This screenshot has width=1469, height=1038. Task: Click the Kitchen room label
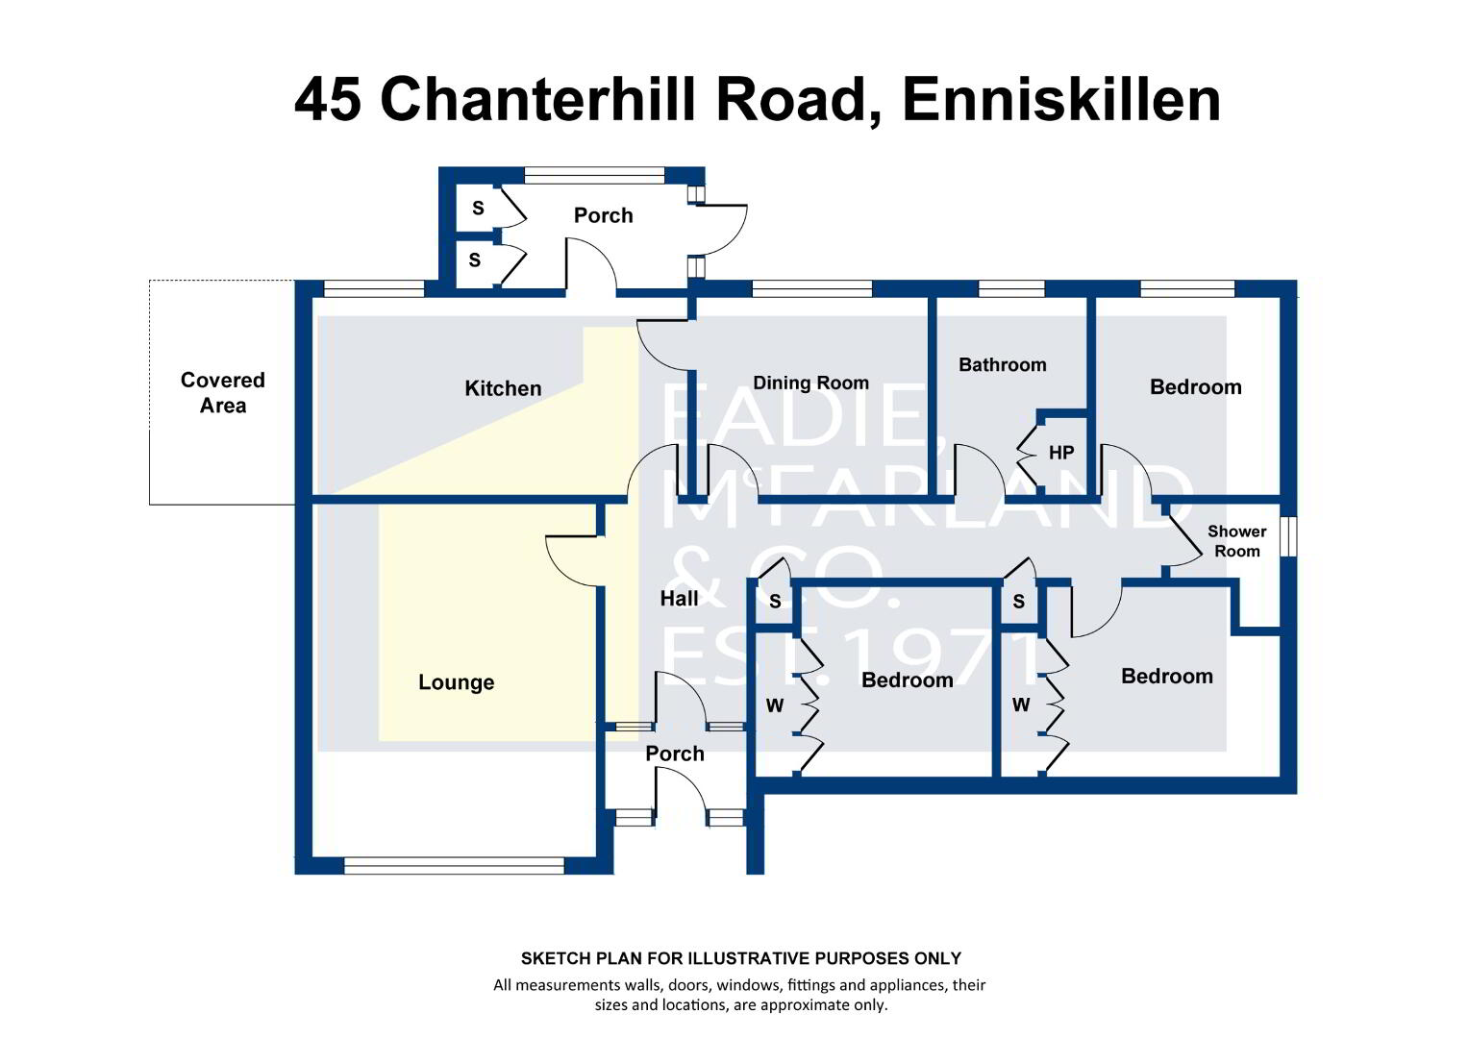click(x=503, y=388)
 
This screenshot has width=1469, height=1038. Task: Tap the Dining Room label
click(x=810, y=383)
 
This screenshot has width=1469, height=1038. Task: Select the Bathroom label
click(x=1002, y=364)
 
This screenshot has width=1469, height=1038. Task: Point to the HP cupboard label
click(x=1061, y=453)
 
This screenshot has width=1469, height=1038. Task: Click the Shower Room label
click(x=1237, y=541)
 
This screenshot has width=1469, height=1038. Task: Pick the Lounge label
click(x=457, y=682)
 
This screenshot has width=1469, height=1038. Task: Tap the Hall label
click(x=679, y=598)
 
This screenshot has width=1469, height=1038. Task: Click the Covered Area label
click(x=223, y=392)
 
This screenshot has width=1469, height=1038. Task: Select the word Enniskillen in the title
click(x=1061, y=100)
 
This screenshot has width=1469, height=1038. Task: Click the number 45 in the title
click(x=327, y=100)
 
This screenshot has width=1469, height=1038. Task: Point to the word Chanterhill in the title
click(x=537, y=100)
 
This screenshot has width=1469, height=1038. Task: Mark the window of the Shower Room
click(x=1288, y=536)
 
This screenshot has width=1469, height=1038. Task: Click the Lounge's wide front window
click(x=455, y=866)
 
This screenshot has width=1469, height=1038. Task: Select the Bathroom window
click(x=1011, y=288)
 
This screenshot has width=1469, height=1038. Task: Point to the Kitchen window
click(x=375, y=288)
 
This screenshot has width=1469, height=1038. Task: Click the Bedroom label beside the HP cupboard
click(x=1196, y=387)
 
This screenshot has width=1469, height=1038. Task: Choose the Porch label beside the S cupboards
click(x=604, y=215)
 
